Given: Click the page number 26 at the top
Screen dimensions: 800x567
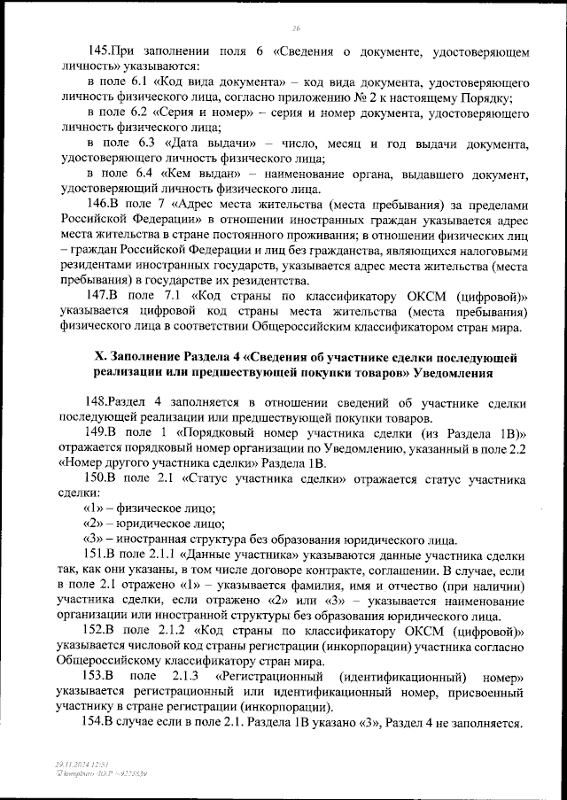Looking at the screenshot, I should (296, 28).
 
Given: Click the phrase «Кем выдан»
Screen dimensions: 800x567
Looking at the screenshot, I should (210, 174).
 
